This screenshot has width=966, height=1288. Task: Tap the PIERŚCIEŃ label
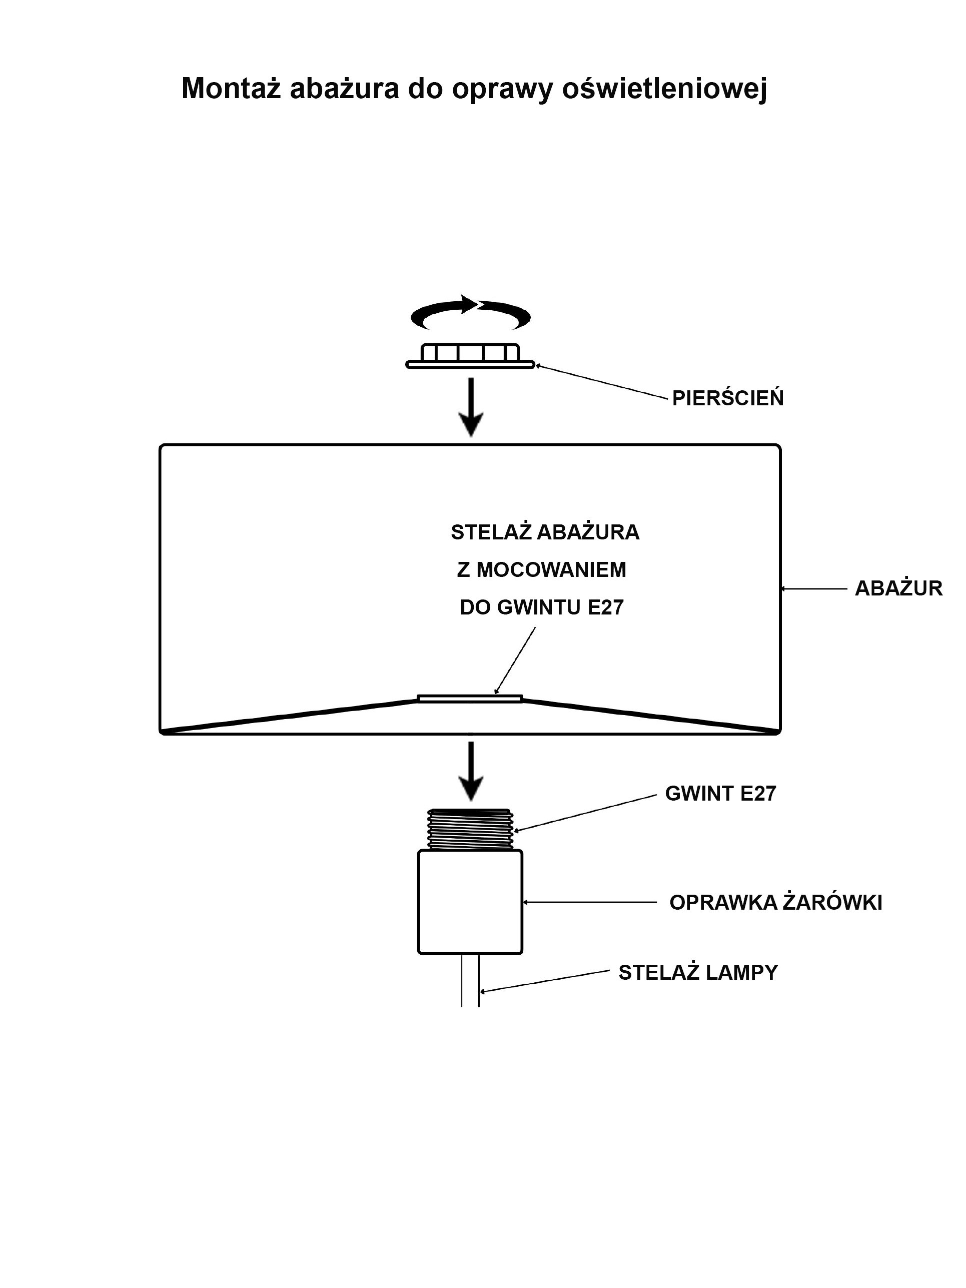pyautogui.click(x=727, y=398)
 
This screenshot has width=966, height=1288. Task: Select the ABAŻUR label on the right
pyautogui.click(x=898, y=588)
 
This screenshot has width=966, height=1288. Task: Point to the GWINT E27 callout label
pyautogui.click(x=720, y=794)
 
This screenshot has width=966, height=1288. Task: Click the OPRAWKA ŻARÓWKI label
pyautogui.click(x=775, y=903)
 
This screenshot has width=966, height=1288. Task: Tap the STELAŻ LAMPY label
pyautogui.click(x=697, y=972)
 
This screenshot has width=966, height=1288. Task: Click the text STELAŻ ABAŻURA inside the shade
pyautogui.click(x=545, y=532)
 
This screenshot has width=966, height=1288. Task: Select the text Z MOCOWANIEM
pyautogui.click(x=541, y=569)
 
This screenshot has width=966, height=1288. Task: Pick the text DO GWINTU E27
pyautogui.click(x=541, y=607)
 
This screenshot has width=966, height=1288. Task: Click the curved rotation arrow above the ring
pyautogui.click(x=470, y=313)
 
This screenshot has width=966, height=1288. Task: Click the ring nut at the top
pyautogui.click(x=470, y=356)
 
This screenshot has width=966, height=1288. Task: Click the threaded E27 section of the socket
pyautogui.click(x=470, y=829)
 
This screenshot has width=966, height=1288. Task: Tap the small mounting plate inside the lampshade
pyautogui.click(x=470, y=698)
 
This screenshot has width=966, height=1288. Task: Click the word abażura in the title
pyautogui.click(x=344, y=89)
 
